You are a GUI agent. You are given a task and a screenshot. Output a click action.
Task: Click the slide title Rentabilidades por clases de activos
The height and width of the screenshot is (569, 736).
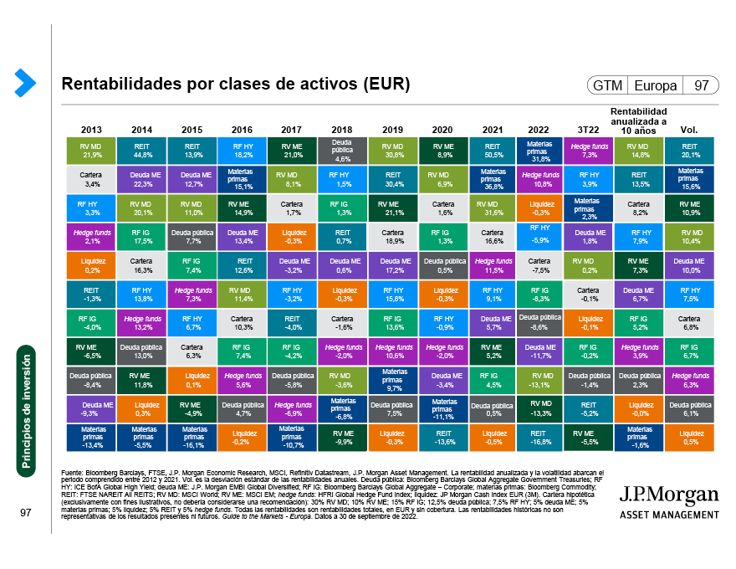236,85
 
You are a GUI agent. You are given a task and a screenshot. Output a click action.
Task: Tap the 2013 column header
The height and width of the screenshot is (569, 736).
92,130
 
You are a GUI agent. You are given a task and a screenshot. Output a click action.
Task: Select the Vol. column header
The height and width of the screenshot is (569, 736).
690,130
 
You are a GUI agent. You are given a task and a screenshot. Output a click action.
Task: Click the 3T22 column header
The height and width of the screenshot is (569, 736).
590,130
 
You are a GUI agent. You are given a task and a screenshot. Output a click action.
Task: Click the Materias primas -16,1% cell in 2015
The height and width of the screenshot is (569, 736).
192,438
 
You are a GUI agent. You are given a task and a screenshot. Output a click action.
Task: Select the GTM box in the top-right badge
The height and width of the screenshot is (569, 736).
606,85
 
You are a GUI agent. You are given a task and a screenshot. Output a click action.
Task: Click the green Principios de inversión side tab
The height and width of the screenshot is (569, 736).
26,411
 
